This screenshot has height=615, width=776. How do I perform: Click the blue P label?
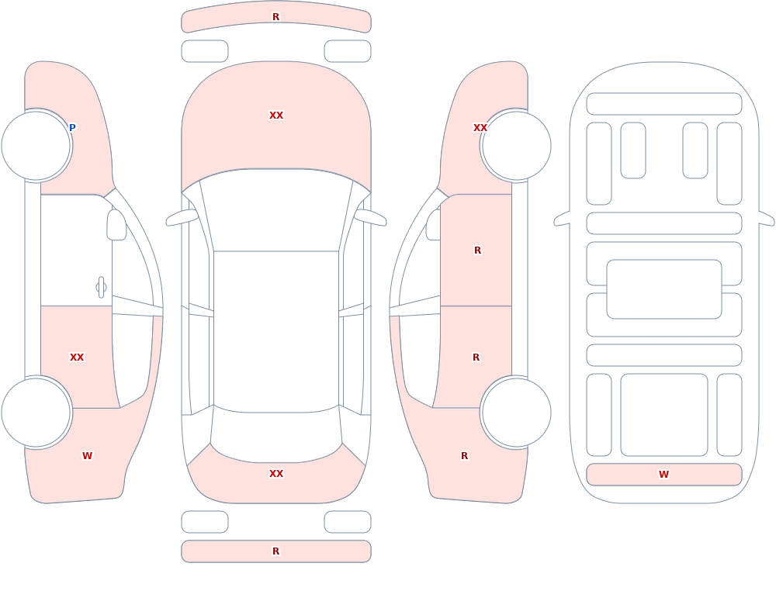tap(72, 128)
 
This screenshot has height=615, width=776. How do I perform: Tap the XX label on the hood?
tap(276, 116)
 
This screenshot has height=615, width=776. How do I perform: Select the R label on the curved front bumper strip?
tap(275, 17)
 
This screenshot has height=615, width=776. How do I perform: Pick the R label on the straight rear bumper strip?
tap(275, 551)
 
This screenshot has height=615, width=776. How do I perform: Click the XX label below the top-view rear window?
tap(276, 474)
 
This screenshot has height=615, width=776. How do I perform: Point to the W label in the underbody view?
tap(663, 475)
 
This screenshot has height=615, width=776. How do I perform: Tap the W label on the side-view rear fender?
tap(87, 456)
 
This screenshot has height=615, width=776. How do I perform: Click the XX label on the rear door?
tap(77, 358)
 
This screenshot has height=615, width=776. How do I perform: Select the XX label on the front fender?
tap(480, 128)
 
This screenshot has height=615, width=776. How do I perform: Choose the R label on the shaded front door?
tap(477, 250)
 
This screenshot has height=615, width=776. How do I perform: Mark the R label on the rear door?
tap(476, 358)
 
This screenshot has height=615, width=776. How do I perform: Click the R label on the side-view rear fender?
tap(464, 456)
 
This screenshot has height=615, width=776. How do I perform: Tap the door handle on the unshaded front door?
tap(101, 288)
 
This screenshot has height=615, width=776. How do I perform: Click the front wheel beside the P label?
tap(36, 146)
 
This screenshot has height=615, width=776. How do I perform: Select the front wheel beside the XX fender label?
tap(516, 146)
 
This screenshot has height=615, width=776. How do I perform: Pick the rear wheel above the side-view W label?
tap(36, 412)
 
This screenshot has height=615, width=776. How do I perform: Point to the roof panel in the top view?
tap(276, 331)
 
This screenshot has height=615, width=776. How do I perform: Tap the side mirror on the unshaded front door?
tap(117, 225)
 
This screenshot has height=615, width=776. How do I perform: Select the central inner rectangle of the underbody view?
tap(664, 289)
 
